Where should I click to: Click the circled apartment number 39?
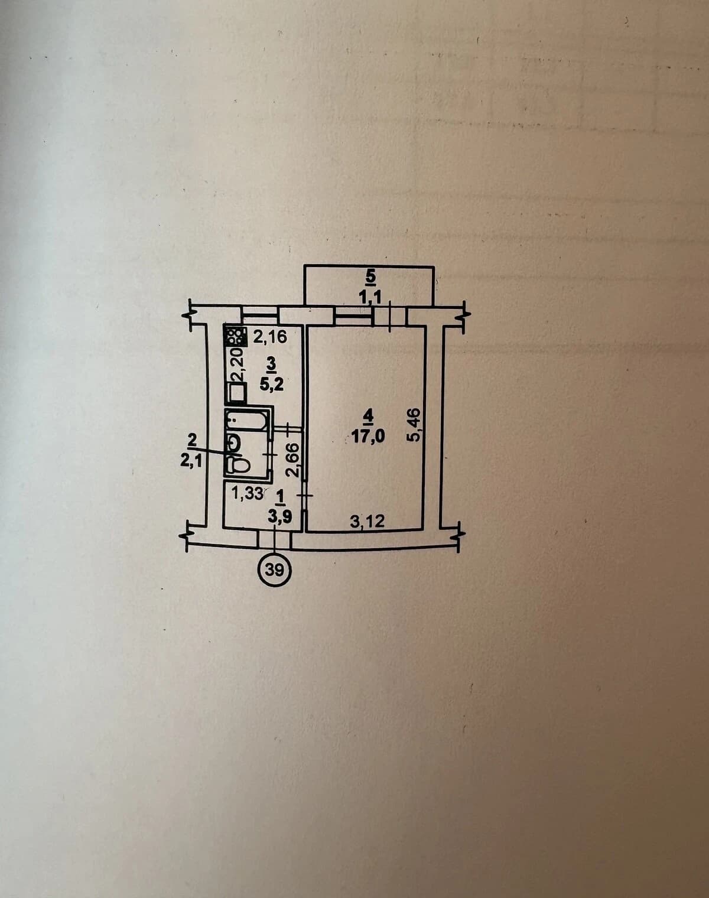tap(275, 570)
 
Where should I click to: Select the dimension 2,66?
tap(292, 460)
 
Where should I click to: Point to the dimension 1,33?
tap(248, 494)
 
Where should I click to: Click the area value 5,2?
tap(272, 384)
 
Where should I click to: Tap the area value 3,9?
tap(280, 517)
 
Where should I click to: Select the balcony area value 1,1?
tap(370, 298)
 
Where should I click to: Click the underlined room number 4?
tap(368, 416)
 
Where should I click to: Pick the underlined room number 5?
tap(370, 276)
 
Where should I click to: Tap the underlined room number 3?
tap(272, 365)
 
